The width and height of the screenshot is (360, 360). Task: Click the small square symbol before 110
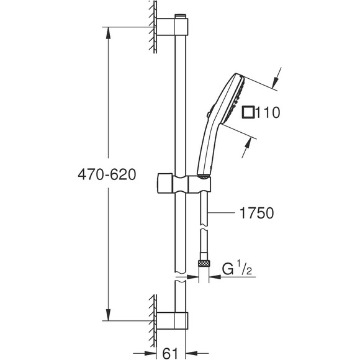pyautogui.click(x=248, y=112)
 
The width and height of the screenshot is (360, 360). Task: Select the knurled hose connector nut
pyautogui.click(x=203, y=264)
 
